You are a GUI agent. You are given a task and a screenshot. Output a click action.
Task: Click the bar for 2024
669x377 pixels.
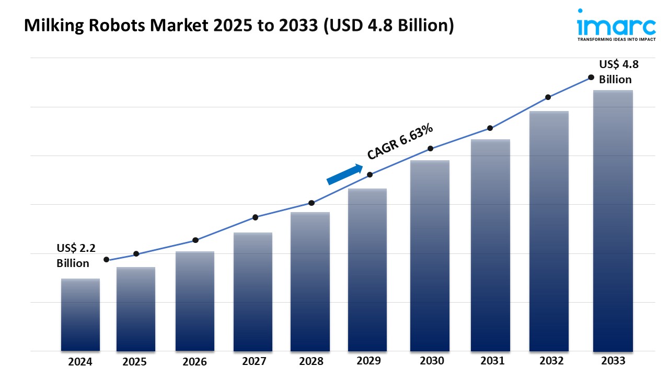pyautogui.click(x=80, y=315)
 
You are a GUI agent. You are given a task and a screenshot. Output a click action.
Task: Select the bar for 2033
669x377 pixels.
pyautogui.click(x=613, y=220)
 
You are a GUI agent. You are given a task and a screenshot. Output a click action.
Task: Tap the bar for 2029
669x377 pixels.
pyautogui.click(x=367, y=270)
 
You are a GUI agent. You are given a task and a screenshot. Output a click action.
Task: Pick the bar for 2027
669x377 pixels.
pyautogui.click(x=253, y=292)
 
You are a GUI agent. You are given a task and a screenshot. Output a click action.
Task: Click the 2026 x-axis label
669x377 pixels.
pyautogui.click(x=195, y=362)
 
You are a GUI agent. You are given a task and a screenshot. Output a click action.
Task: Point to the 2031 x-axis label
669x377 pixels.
pyautogui.click(x=492, y=361)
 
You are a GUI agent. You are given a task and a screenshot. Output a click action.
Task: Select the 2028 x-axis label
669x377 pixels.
pyautogui.click(x=310, y=361)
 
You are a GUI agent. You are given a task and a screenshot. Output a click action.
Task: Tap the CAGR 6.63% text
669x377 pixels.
pyautogui.click(x=400, y=141)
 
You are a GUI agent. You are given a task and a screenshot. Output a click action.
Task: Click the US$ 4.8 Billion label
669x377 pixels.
pyautogui.click(x=618, y=72)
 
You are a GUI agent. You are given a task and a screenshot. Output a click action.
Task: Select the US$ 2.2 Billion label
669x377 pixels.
pyautogui.click(x=73, y=256)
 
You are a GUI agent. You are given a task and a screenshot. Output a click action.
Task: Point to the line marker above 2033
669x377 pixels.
pyautogui.click(x=591, y=77)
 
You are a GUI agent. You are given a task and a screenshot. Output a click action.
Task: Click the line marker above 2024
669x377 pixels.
pyautogui.click(x=107, y=260)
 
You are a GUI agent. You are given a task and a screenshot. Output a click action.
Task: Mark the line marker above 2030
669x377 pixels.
pyautogui.click(x=430, y=149)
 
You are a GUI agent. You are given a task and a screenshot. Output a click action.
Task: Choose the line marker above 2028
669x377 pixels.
pyautogui.click(x=312, y=203)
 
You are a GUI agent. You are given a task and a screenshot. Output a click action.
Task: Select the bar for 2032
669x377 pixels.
pyautogui.click(x=549, y=231)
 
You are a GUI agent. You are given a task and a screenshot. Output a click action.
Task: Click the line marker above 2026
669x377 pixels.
pyautogui.click(x=195, y=240)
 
